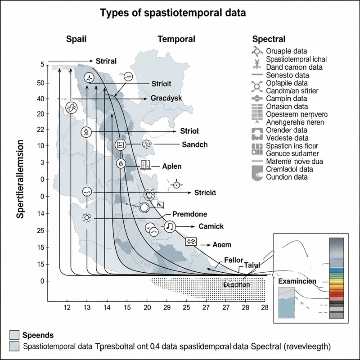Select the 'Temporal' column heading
176,39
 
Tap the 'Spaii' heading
77,39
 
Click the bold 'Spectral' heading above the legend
269,39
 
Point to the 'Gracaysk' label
166,98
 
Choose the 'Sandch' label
194,144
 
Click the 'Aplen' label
171,166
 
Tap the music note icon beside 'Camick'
169,226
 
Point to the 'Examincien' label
297,281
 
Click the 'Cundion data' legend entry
287,177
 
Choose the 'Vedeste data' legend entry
287,138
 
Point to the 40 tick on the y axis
41,99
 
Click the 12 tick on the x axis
67,307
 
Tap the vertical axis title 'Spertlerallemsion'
21,178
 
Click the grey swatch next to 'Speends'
14,335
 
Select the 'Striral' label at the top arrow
107,61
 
